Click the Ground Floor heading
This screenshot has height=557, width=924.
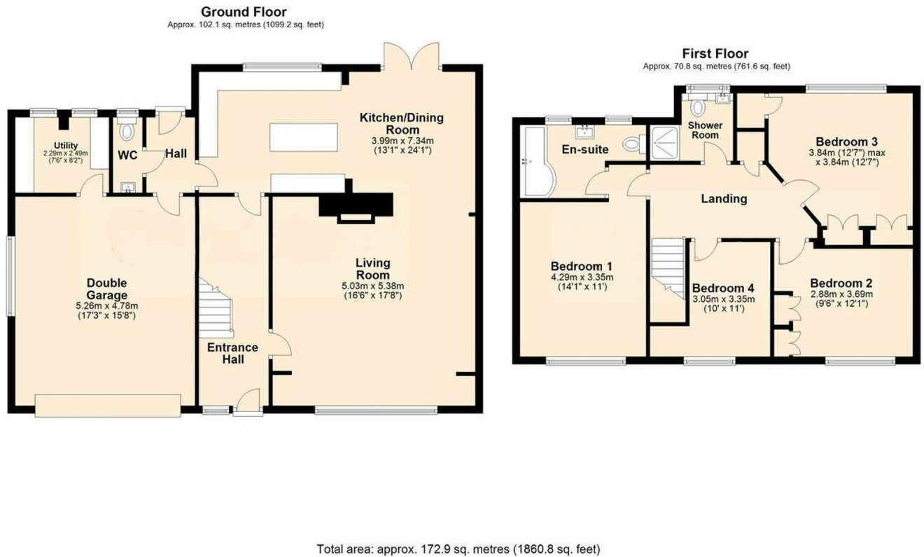(244, 12)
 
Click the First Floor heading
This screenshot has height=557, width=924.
(715, 54)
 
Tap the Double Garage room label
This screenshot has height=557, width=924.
(107, 289)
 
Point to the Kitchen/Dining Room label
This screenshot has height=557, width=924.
(401, 123)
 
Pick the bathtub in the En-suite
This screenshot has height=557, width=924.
(537, 163)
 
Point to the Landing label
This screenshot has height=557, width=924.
(724, 199)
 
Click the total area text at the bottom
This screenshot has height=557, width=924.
(458, 549)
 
